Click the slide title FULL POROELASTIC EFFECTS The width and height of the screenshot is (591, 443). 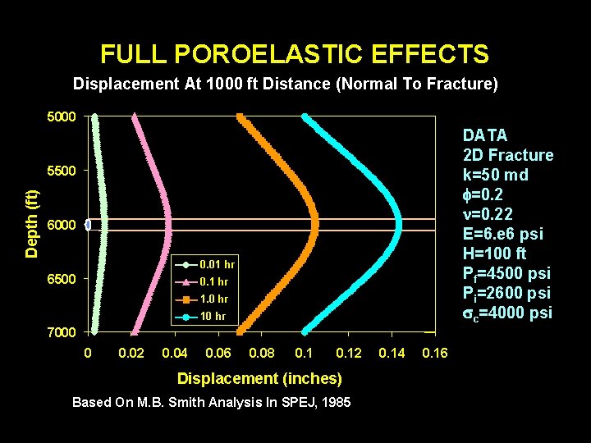pos(295,55)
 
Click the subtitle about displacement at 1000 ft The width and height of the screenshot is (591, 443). pos(286,84)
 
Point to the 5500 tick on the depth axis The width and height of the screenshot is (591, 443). pos(60,171)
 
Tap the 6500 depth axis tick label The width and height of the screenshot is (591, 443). pos(60,279)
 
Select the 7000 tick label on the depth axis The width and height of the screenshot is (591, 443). pos(60,332)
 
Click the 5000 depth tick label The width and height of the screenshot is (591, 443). pos(60,116)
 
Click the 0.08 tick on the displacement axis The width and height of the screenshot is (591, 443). pos(261,353)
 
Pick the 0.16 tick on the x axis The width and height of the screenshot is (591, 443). pos(434,353)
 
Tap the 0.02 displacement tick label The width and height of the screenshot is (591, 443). pos(131,353)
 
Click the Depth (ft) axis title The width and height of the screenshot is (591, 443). pos(31,223)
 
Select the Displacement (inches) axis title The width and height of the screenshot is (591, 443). pos(259,378)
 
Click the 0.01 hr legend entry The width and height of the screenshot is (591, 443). pos(208,264)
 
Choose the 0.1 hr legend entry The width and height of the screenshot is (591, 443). pos(208,281)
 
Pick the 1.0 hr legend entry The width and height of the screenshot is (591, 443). pos(208,299)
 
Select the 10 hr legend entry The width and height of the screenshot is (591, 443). pos(208,316)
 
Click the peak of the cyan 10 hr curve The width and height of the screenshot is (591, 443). pos(398,224)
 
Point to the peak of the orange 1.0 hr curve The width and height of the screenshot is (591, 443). pos(314,224)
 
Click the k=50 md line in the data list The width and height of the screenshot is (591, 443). pos(495,175)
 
